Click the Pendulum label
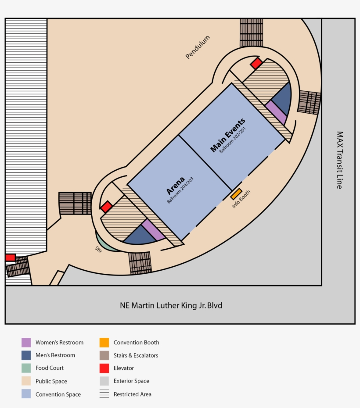(x=198, y=47)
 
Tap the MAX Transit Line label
(x=339, y=160)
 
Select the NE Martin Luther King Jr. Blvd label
(x=171, y=305)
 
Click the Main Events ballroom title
(x=227, y=135)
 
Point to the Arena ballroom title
(x=174, y=186)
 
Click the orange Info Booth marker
(x=236, y=194)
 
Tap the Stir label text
(x=98, y=249)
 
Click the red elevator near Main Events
(x=256, y=64)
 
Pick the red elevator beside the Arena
(x=106, y=207)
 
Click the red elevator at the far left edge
(x=10, y=258)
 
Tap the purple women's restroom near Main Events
(x=276, y=112)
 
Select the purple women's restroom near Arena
(x=153, y=229)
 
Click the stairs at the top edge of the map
(x=251, y=32)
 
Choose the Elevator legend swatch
(x=104, y=368)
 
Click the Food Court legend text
(x=50, y=368)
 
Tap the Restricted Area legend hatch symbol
(x=104, y=394)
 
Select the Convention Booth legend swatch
(x=104, y=343)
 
